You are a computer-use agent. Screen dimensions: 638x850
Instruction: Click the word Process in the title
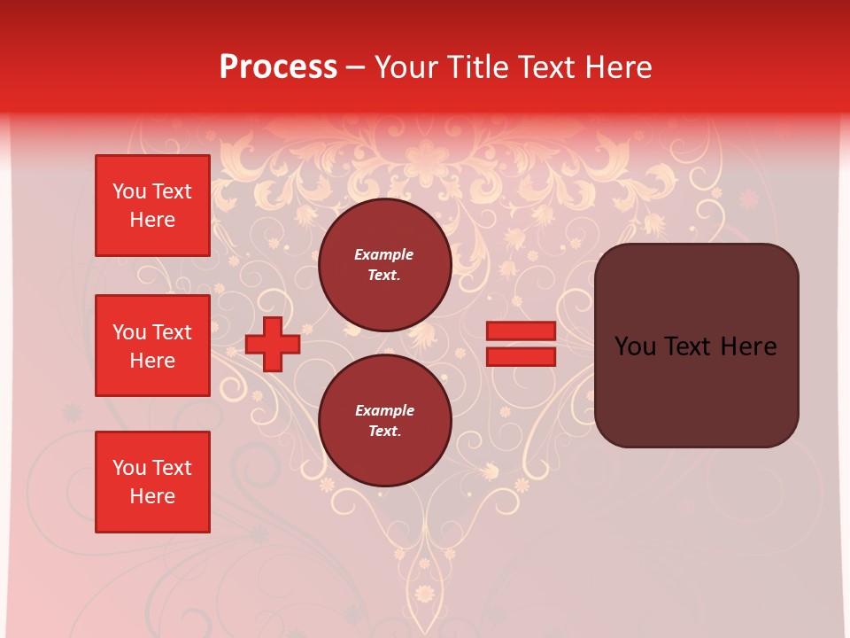278,67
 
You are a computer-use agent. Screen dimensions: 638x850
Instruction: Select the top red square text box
152,206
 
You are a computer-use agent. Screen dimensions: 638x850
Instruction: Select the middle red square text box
152,346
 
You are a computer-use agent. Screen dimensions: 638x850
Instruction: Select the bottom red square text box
152,481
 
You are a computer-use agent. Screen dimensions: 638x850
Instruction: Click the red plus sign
272,344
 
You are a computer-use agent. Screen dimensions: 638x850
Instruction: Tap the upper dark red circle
384,264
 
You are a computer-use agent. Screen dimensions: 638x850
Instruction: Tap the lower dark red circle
384,420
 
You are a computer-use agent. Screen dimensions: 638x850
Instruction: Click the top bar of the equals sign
521,331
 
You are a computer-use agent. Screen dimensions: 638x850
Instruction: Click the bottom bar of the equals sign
521,356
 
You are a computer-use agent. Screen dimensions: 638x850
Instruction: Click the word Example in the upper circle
383,254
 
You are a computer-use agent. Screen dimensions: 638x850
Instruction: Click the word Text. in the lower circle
384,431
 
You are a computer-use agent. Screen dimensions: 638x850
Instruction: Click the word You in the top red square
129,191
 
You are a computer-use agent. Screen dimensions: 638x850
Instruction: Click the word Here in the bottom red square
152,496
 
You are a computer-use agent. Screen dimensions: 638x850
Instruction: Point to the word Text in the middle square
172,332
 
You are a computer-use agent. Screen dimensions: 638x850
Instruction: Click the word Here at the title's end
620,67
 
